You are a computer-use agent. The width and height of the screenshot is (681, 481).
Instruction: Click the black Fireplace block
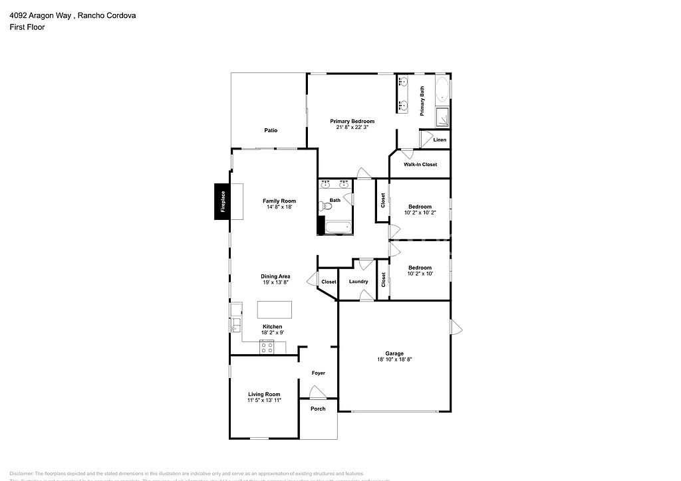click(222, 201)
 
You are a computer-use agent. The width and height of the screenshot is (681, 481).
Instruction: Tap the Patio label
click(270, 130)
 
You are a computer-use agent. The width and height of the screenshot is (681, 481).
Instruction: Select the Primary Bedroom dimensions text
click(352, 128)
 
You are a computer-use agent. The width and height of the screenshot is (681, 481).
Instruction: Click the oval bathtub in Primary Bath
click(442, 90)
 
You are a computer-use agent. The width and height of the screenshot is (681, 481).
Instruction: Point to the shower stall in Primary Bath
click(442, 118)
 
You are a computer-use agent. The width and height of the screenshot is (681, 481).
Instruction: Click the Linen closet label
click(440, 140)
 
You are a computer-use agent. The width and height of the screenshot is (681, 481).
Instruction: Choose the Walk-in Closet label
click(420, 164)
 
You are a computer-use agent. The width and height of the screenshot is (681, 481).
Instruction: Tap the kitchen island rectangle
click(275, 310)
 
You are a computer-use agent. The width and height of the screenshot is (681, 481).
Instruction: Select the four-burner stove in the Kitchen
click(266, 345)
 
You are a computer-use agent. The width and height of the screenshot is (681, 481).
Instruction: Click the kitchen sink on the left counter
click(235, 325)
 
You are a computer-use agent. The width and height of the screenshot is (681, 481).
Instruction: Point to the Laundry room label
click(358, 282)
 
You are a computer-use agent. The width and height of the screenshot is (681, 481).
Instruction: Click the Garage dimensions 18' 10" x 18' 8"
click(394, 359)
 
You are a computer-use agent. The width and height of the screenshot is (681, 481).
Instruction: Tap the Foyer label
click(319, 373)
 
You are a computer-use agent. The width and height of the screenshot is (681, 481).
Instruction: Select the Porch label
click(319, 409)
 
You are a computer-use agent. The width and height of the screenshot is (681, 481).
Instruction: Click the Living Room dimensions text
click(264, 401)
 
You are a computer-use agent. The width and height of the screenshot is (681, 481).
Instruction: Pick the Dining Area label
click(275, 276)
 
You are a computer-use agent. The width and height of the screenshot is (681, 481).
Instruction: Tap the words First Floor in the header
click(27, 27)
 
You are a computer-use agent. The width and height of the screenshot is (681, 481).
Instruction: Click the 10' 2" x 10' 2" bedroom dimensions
click(420, 213)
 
